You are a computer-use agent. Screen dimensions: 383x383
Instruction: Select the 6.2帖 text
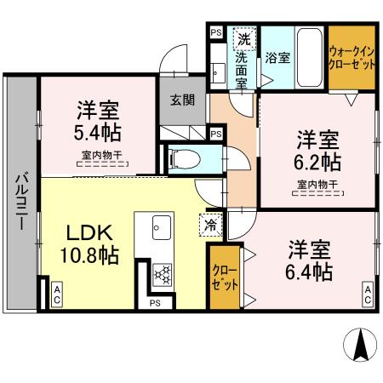pyautogui.click(x=318, y=162)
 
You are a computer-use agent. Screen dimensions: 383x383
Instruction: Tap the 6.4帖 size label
pyautogui.click(x=309, y=272)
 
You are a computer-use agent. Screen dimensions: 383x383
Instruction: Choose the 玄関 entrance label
pyautogui.click(x=182, y=100)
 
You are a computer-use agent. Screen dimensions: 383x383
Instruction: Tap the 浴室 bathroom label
pyautogui.click(x=277, y=59)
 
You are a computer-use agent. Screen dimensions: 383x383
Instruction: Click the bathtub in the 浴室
pyautogui.click(x=308, y=56)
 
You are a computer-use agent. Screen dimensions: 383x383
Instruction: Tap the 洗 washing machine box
pyautogui.click(x=244, y=38)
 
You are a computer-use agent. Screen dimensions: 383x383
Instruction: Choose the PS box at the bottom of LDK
pyautogui.click(x=155, y=301)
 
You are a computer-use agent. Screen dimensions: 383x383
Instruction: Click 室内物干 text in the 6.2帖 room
pyautogui.click(x=318, y=185)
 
